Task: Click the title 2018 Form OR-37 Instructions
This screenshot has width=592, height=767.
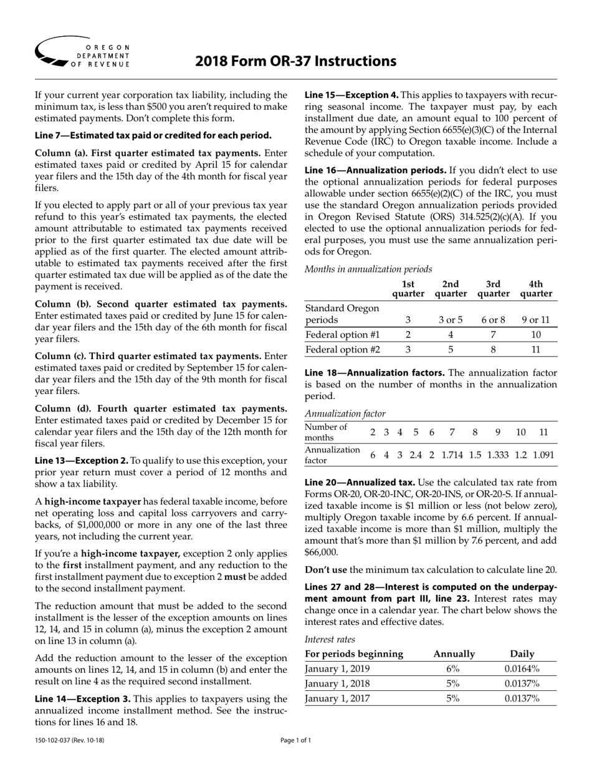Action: click(x=295, y=61)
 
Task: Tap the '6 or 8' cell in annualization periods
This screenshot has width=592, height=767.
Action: click(x=493, y=319)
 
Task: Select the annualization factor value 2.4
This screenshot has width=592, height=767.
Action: click(x=415, y=455)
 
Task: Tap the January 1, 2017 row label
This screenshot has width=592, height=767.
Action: click(x=337, y=698)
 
